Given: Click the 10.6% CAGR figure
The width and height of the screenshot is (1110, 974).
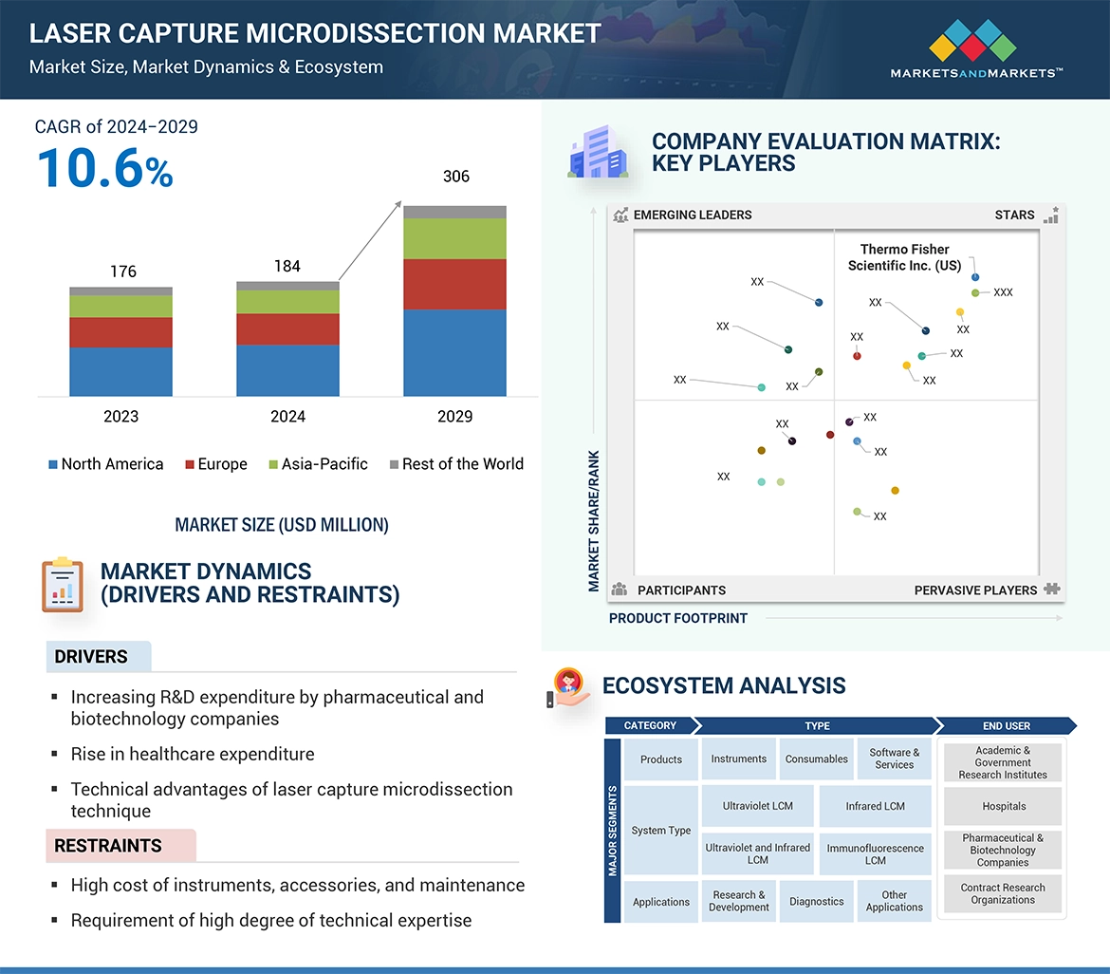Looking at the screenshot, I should point(104,170).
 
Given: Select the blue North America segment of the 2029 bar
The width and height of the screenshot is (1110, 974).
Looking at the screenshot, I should point(454,352).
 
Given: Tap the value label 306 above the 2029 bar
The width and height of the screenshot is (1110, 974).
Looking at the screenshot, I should point(455,177).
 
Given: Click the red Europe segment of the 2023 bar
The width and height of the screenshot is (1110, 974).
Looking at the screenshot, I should point(120,332).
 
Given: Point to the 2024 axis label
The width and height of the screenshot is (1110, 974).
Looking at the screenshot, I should point(287,416).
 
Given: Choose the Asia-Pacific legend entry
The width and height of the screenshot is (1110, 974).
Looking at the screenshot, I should point(318,464).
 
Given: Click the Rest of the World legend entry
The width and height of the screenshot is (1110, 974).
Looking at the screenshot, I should point(456,464).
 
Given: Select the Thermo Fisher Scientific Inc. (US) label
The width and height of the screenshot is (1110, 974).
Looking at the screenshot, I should point(904,257).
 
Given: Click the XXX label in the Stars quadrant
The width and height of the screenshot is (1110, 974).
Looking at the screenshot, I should point(1003,292).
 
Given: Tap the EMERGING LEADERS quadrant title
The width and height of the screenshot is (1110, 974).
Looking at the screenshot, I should point(692,215).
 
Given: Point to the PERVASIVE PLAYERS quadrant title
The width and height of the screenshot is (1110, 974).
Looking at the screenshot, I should point(975,590).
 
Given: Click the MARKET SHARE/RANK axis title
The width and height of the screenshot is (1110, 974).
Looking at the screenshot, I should point(594,520).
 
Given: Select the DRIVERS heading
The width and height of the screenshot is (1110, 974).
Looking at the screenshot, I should point(91,657).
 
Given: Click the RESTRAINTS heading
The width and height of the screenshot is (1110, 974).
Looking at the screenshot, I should point(108,845).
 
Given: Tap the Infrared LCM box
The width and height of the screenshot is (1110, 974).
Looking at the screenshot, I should point(875,806).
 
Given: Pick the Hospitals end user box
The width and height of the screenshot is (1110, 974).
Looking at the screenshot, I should point(1004,806).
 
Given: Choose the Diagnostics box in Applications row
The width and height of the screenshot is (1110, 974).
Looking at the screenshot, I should point(816,902).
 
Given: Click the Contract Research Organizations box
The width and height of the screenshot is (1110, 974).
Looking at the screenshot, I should point(1003,894).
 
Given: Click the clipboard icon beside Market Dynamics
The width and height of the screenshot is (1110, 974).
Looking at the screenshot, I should point(63,585).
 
